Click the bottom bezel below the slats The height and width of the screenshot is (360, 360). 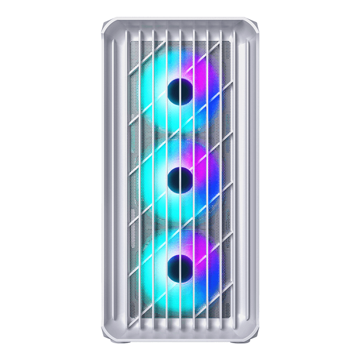180,335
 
